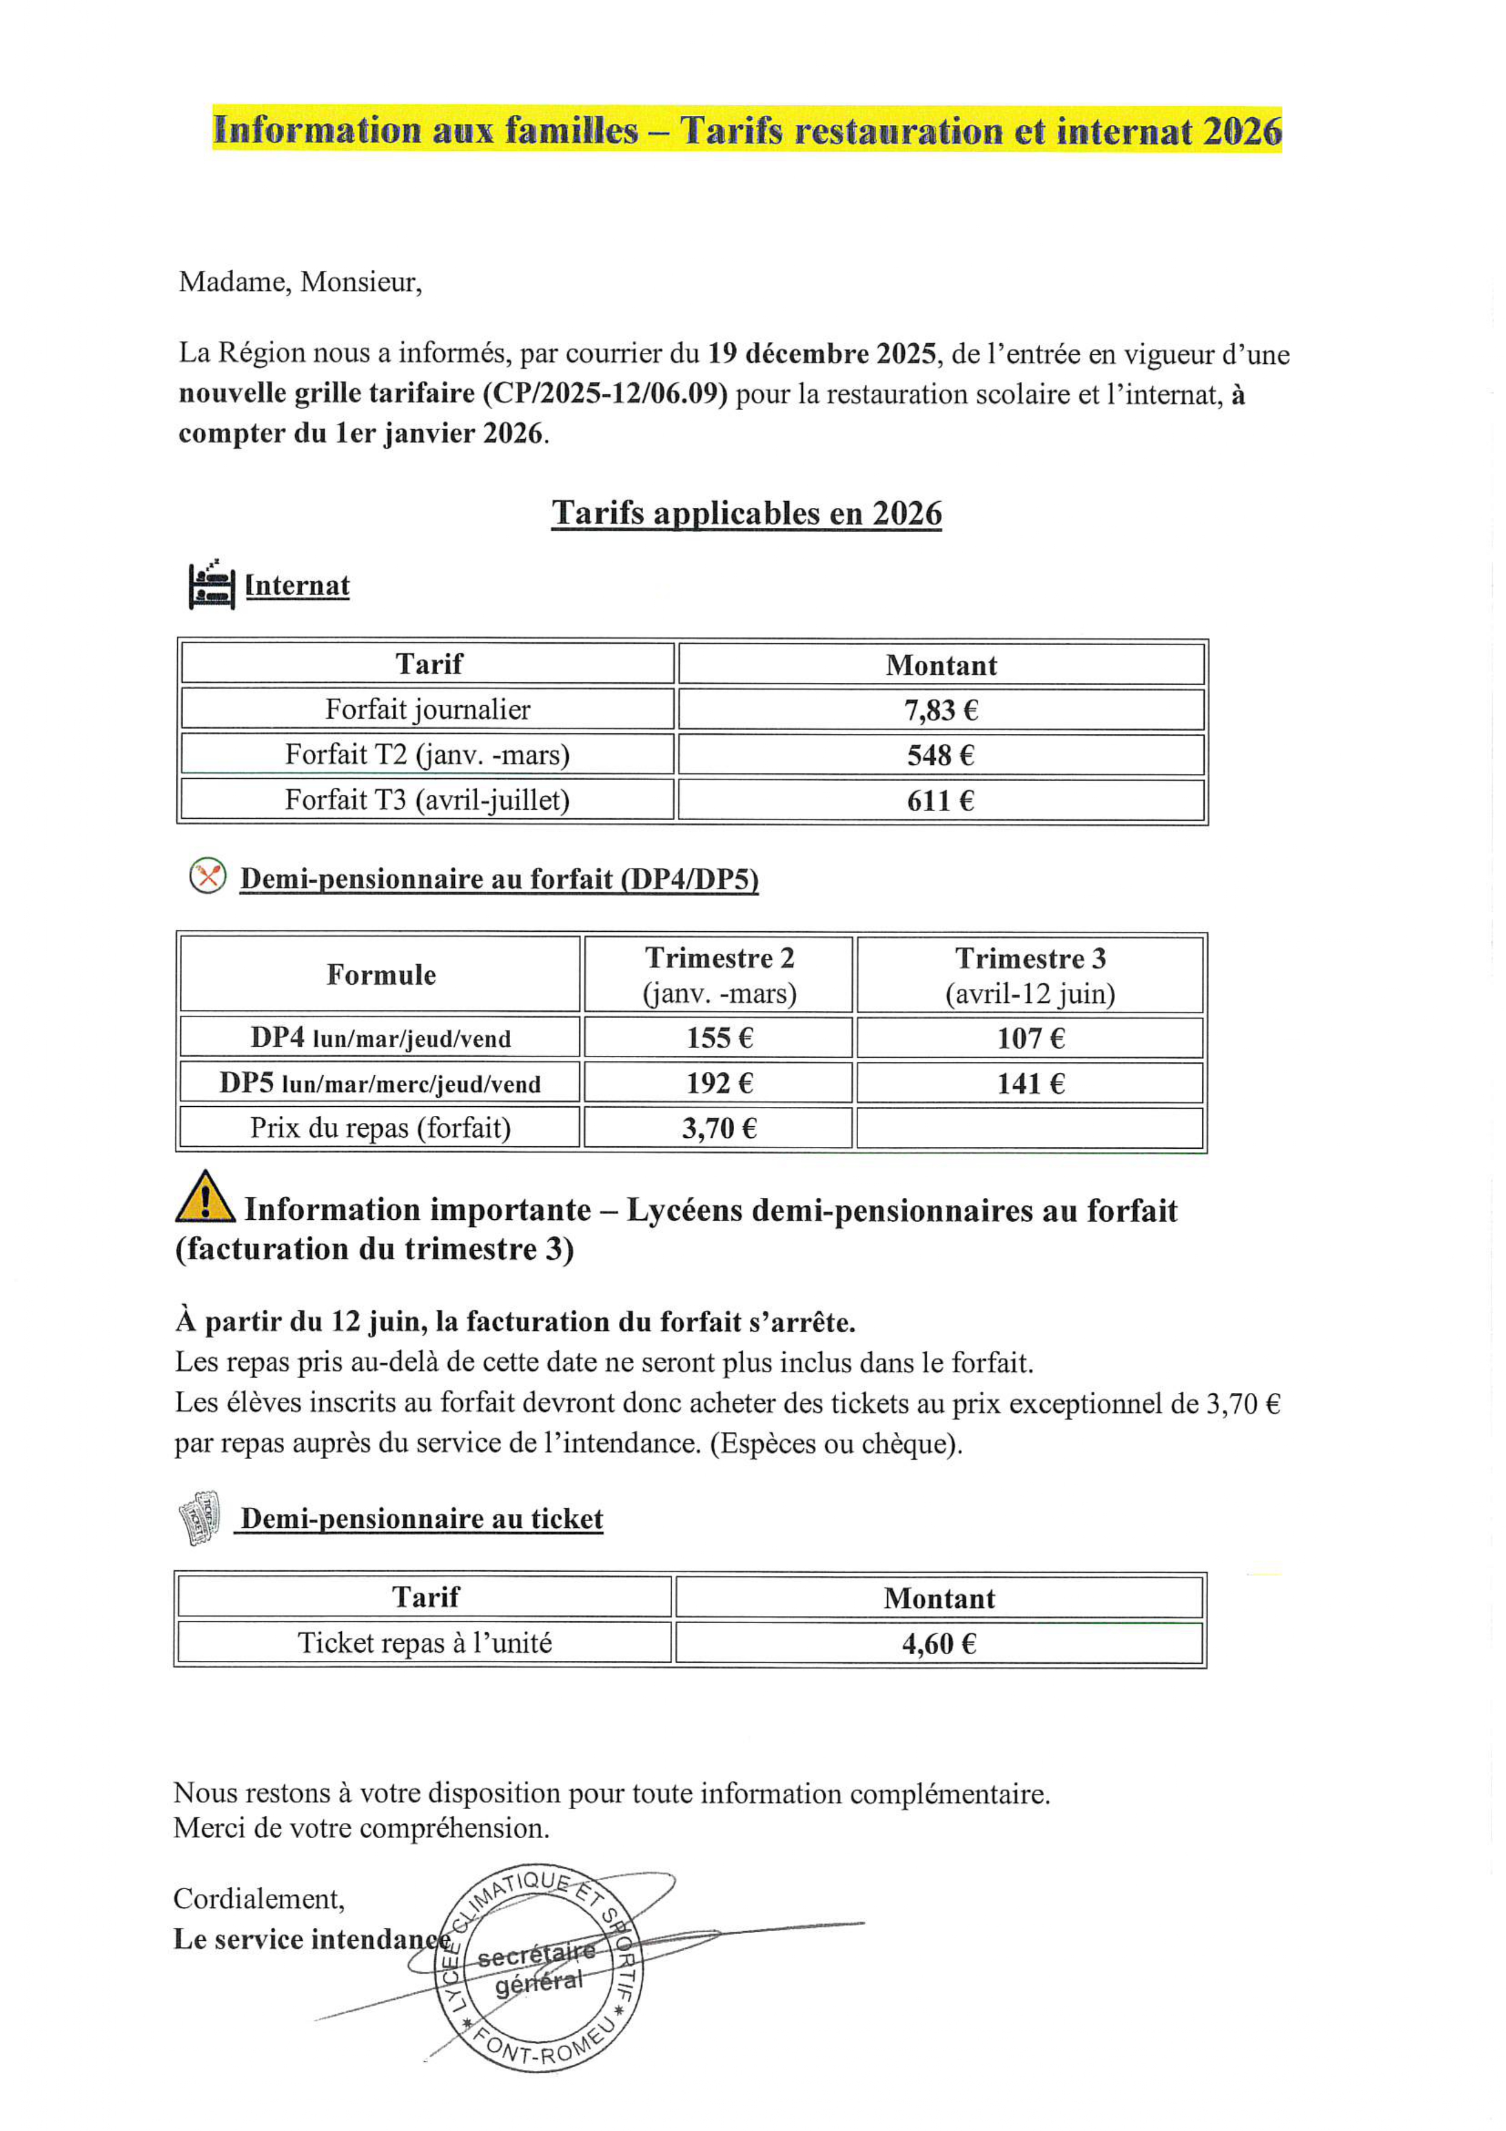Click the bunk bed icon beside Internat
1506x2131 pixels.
click(211, 585)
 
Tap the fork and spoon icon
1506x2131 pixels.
click(208, 876)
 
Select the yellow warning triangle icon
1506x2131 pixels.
click(204, 1197)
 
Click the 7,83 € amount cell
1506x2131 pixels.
click(941, 710)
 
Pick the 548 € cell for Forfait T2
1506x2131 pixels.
click(941, 754)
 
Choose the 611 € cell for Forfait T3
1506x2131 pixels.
click(941, 800)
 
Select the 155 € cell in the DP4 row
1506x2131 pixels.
click(719, 1038)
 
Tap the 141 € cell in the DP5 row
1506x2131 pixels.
click(1030, 1083)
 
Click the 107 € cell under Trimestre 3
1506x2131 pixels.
click(1030, 1038)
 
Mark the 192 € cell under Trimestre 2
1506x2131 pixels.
click(719, 1083)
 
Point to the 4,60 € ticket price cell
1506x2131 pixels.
click(939, 1644)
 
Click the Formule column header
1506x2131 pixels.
click(380, 974)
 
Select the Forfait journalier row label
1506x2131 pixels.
click(428, 710)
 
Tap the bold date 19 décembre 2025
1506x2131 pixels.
click(821, 354)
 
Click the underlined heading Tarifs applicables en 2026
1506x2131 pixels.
click(747, 513)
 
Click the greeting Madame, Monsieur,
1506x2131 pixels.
click(300, 282)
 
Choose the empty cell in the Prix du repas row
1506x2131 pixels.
click(1030, 1127)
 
